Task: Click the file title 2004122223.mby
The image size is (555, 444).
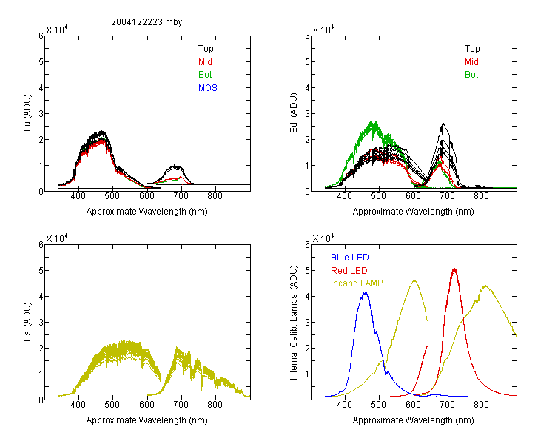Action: pos(147,22)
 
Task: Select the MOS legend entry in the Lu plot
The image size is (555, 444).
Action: pos(208,88)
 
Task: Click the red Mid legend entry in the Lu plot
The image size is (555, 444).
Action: pos(205,62)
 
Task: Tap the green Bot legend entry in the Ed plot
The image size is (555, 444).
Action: pos(471,75)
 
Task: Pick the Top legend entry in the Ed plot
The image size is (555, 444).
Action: pos(472,49)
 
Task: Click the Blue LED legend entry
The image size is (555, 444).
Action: pos(350,258)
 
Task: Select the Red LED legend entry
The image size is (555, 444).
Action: pos(349,271)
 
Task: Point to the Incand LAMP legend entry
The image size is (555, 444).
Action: pos(357,283)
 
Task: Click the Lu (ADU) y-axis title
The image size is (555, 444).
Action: pos(27,113)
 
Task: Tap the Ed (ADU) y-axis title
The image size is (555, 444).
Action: pos(294,113)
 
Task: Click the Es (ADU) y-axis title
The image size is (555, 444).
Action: pos(27,322)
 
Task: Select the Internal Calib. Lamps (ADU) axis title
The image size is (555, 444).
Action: pos(294,323)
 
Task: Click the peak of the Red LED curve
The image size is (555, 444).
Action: pos(454,269)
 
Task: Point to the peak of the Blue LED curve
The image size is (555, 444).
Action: pos(366,292)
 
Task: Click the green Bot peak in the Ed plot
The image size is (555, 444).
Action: pos(373,121)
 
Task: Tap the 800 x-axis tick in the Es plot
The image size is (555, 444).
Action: pos(215,405)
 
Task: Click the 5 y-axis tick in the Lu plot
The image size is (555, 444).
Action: pos(41,62)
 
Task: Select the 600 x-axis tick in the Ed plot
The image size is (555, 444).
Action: pos(413,196)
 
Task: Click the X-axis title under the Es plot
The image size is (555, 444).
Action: pos(147,420)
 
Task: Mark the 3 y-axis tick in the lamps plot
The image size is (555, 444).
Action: pos(307,322)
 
